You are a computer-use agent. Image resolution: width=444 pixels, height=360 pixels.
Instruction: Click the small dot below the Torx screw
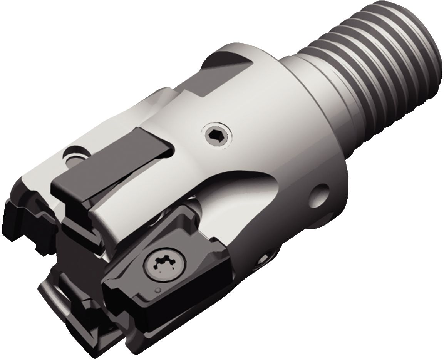tap(157, 290)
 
